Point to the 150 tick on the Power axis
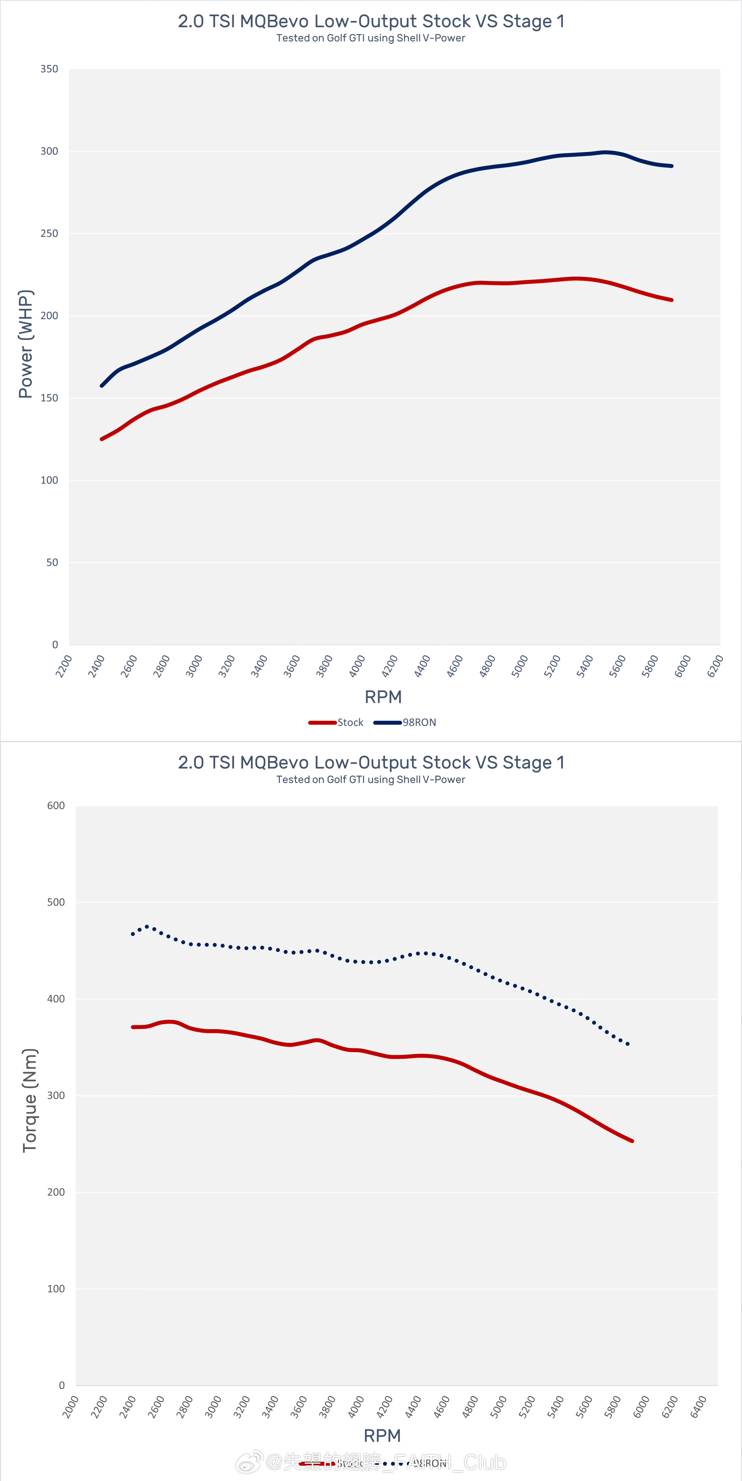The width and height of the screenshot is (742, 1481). (x=49, y=398)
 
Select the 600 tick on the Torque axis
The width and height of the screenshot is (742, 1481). (x=56, y=805)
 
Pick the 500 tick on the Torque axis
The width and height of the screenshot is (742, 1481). (x=56, y=902)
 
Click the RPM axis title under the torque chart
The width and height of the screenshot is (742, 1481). (x=383, y=1436)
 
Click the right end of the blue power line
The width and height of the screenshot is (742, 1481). (x=672, y=166)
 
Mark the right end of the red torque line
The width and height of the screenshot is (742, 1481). (x=632, y=1141)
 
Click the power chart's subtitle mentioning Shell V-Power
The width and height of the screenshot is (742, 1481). (x=370, y=38)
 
